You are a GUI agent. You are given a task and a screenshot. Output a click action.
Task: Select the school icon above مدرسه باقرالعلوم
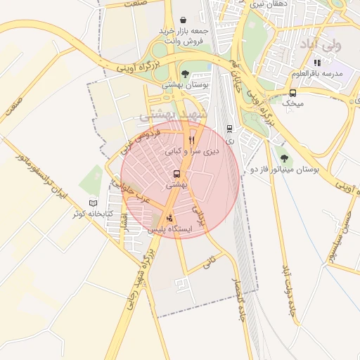coord(317,63)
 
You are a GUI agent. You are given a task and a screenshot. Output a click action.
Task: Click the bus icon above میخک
coord(292,93)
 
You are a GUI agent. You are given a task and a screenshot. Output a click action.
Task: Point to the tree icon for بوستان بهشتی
coord(185,74)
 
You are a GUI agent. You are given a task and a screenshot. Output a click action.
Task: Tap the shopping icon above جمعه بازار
coord(184,20)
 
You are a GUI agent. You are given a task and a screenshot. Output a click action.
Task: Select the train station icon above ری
coord(229,129)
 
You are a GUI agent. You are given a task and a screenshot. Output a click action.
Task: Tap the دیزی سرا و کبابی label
coord(192,151)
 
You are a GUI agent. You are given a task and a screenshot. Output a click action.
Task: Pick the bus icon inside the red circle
coord(176,174)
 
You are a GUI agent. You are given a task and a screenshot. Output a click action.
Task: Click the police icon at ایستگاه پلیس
coord(169,217)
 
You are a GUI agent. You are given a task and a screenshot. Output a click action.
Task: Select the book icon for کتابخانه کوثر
coord(93,203)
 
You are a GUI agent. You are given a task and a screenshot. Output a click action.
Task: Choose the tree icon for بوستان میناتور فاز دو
coord(284,159)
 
